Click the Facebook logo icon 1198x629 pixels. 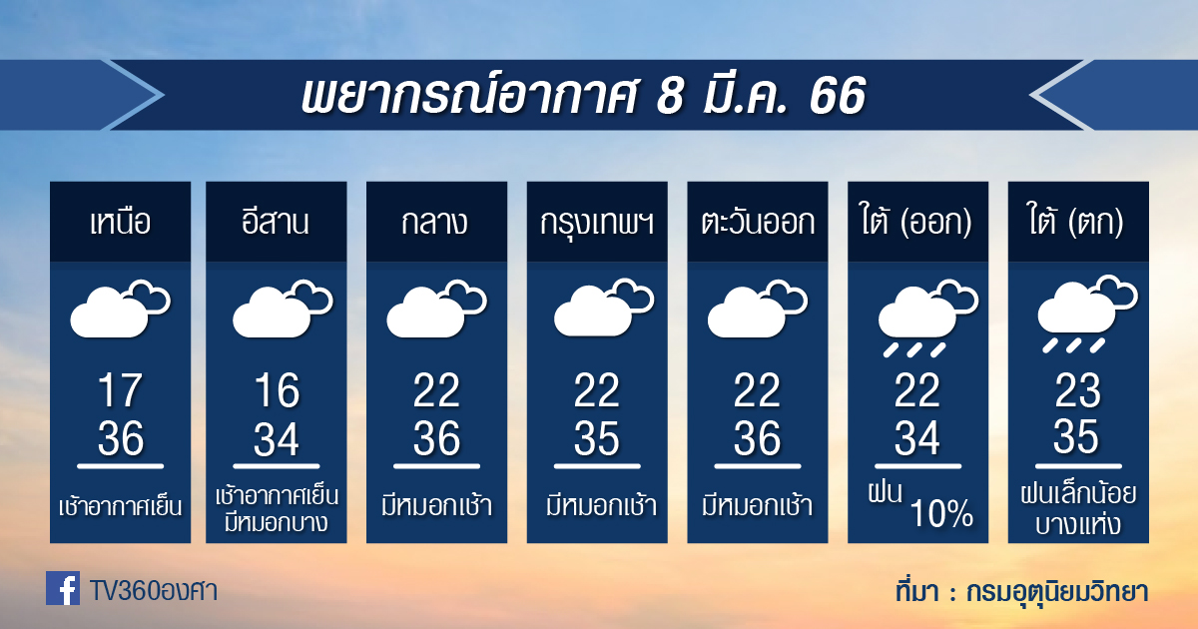(63, 588)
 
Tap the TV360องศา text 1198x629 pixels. (154, 591)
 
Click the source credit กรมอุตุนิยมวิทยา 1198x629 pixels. (1057, 591)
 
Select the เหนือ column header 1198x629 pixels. (121, 222)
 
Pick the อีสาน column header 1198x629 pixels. (276, 221)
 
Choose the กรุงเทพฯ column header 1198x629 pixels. (597, 223)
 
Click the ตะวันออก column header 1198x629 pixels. (758, 222)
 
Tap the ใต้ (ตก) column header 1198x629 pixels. (1076, 221)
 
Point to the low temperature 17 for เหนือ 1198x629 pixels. (121, 390)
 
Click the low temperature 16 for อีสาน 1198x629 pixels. (277, 390)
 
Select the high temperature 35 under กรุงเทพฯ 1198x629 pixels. (596, 438)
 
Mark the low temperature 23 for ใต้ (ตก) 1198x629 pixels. (1077, 390)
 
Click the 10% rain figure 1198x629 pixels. (941, 513)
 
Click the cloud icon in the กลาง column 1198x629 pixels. (437, 309)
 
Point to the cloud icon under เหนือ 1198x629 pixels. (121, 309)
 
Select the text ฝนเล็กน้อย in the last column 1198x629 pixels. (1078, 494)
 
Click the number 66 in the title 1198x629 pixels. (838, 96)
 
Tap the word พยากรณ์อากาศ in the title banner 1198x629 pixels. (469, 95)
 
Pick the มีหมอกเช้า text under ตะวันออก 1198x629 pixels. (758, 505)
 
